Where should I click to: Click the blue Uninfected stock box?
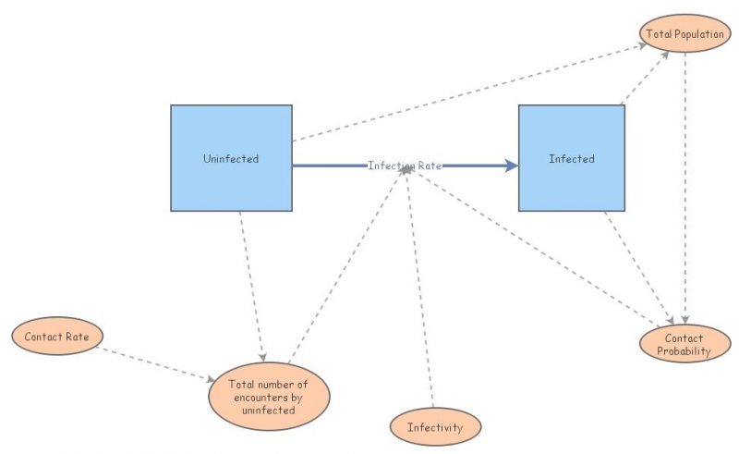click(231, 158)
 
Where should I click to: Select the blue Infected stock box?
click(571, 158)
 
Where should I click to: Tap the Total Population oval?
click(684, 34)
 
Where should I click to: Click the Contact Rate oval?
click(56, 337)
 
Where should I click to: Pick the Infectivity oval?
click(435, 427)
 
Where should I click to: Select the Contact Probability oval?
click(684, 344)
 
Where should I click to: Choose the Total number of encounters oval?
click(268, 396)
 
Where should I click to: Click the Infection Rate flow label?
click(405, 166)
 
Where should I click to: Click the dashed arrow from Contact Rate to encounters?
click(157, 364)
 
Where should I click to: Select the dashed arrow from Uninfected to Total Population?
click(462, 92)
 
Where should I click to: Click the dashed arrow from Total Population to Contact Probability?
click(685, 185)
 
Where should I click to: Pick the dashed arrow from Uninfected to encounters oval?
click(252, 287)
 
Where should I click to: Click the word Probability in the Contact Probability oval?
click(684, 351)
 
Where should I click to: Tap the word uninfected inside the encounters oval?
click(268, 410)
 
